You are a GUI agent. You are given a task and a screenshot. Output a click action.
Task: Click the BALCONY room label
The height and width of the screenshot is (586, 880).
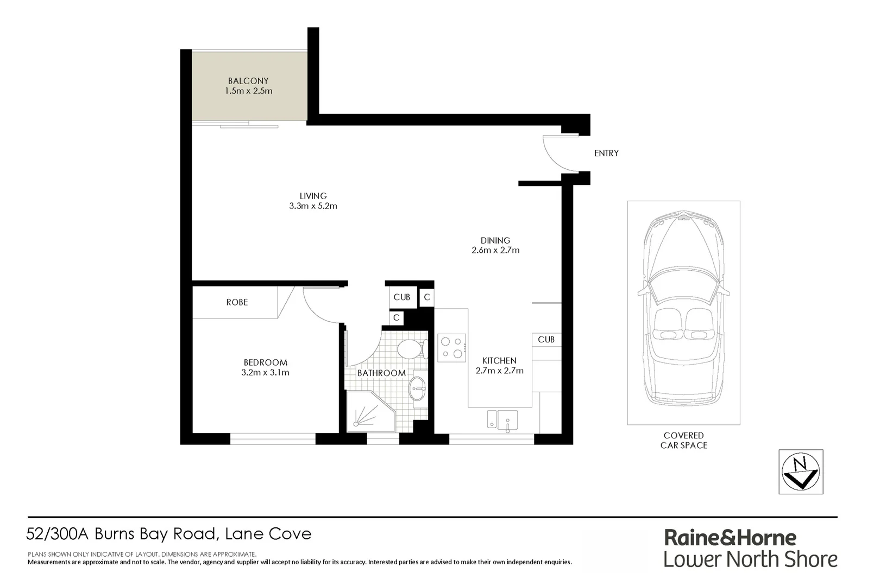tap(248, 81)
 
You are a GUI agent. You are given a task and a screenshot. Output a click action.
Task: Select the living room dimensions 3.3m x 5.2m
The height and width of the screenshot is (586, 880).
tap(313, 206)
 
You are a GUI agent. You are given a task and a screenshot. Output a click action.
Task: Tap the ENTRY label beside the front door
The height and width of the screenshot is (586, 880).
tap(606, 154)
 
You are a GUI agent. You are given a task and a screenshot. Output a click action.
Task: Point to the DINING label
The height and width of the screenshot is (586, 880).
tap(495, 240)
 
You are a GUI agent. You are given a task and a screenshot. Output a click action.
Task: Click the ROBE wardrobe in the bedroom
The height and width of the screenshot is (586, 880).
tap(237, 302)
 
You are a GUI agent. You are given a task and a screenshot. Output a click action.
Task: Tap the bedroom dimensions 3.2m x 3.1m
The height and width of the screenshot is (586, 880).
tap(265, 373)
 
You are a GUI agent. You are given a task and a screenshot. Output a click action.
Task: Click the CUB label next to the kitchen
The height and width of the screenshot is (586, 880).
tap(546, 340)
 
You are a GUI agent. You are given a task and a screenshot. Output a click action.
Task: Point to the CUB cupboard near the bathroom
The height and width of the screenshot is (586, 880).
tap(402, 297)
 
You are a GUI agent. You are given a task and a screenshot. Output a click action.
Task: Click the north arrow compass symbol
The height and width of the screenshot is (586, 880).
tap(801, 472)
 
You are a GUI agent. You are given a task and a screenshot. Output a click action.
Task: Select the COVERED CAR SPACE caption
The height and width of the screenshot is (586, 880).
tap(683, 440)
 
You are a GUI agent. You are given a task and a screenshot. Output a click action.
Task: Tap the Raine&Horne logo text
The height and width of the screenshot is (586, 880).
tap(730, 538)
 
